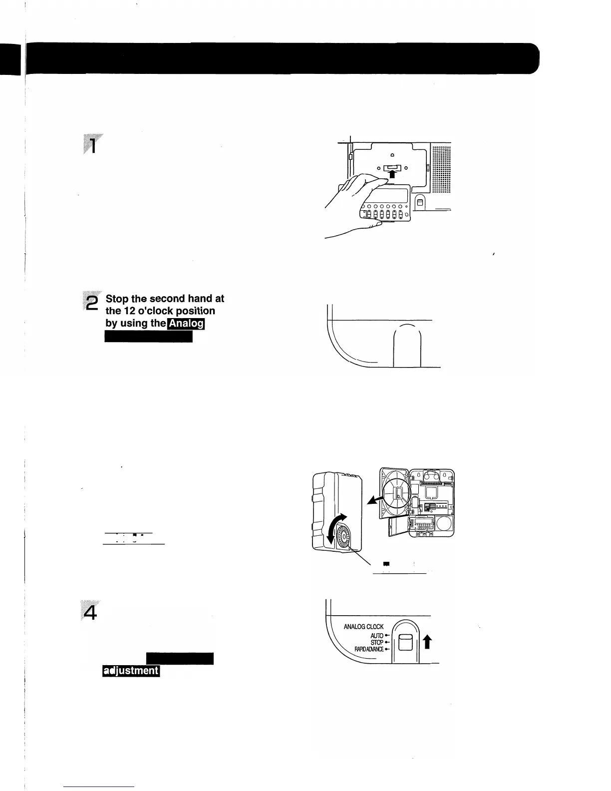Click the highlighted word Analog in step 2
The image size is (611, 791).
point(187,324)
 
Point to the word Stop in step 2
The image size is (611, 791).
point(117,299)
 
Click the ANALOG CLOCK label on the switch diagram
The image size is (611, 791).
point(364,627)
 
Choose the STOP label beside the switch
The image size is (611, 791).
point(377,643)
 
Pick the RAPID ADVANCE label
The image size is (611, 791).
point(369,650)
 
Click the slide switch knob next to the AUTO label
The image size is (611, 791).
point(405,643)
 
